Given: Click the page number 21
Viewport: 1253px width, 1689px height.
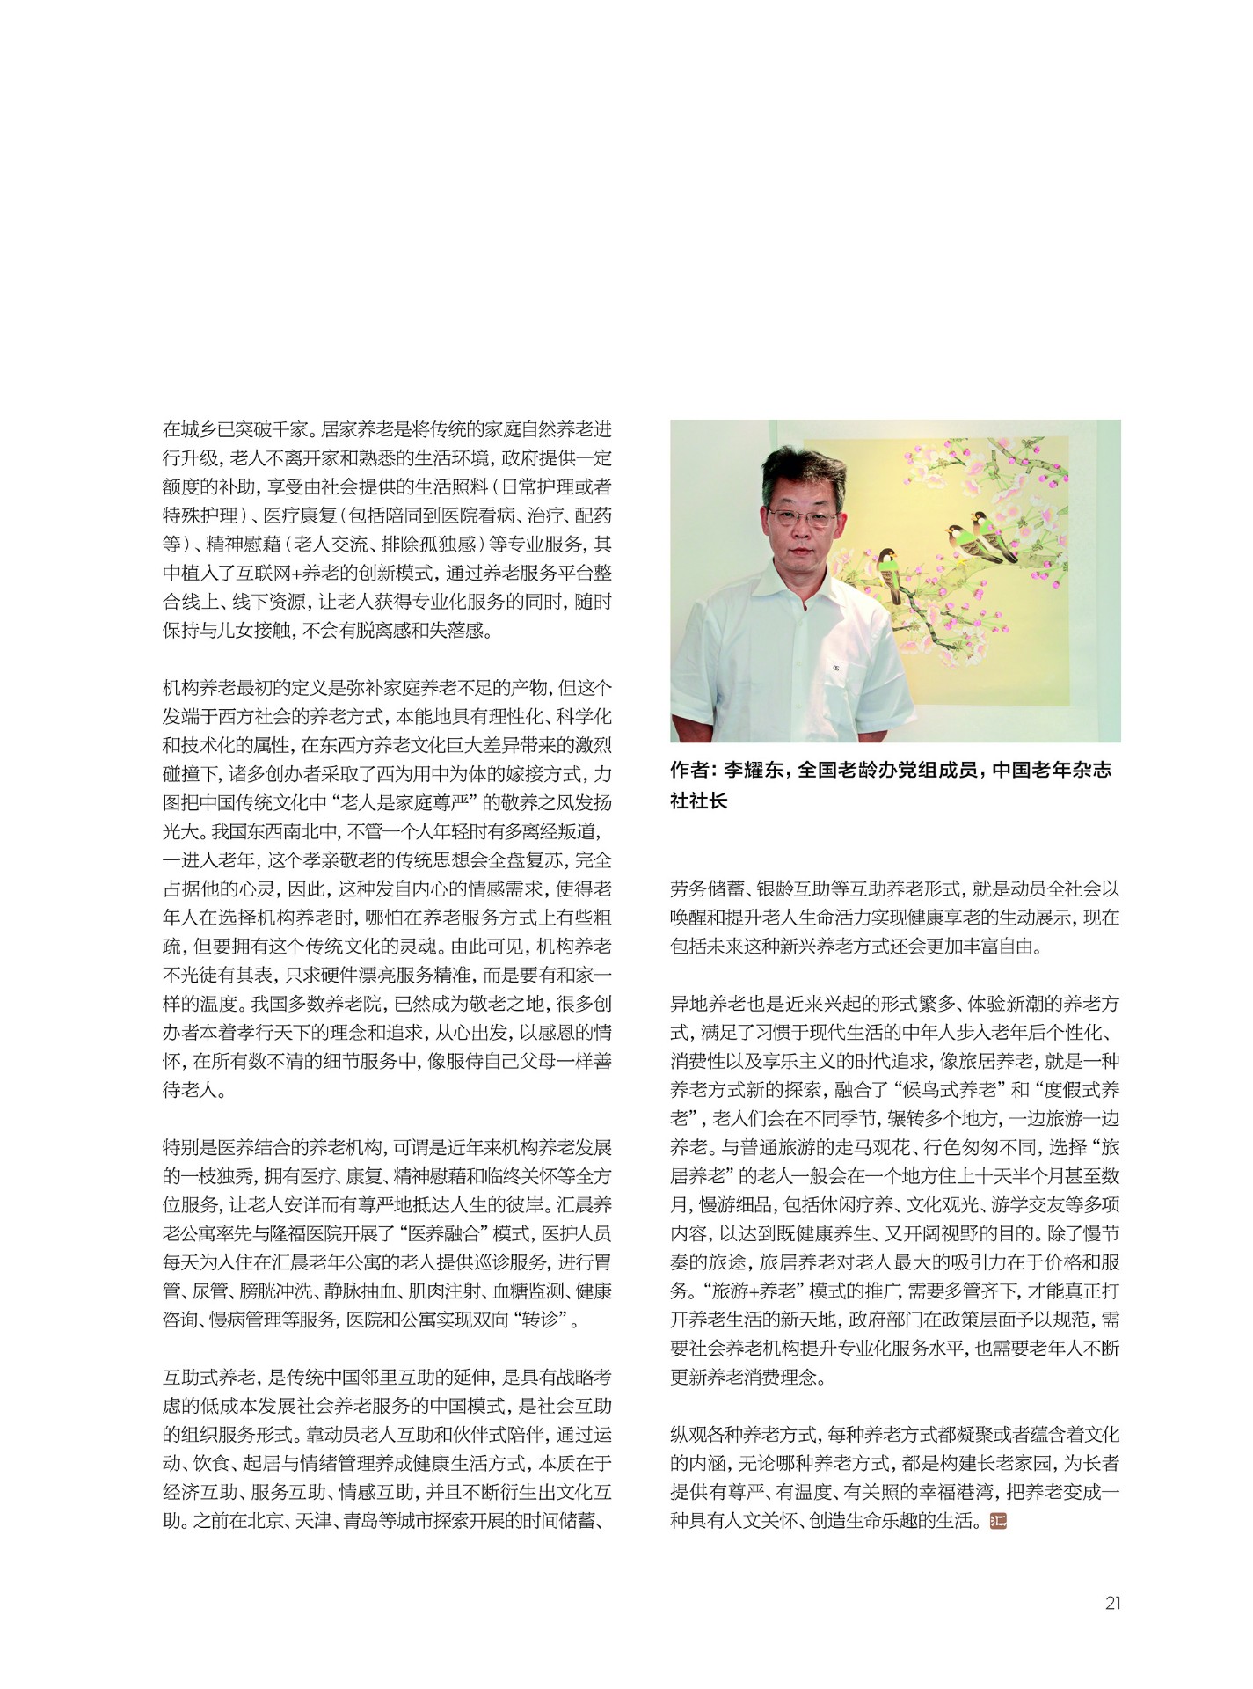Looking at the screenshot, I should click(x=1112, y=1603).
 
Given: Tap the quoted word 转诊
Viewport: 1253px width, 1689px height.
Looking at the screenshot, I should click(x=548, y=1319).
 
